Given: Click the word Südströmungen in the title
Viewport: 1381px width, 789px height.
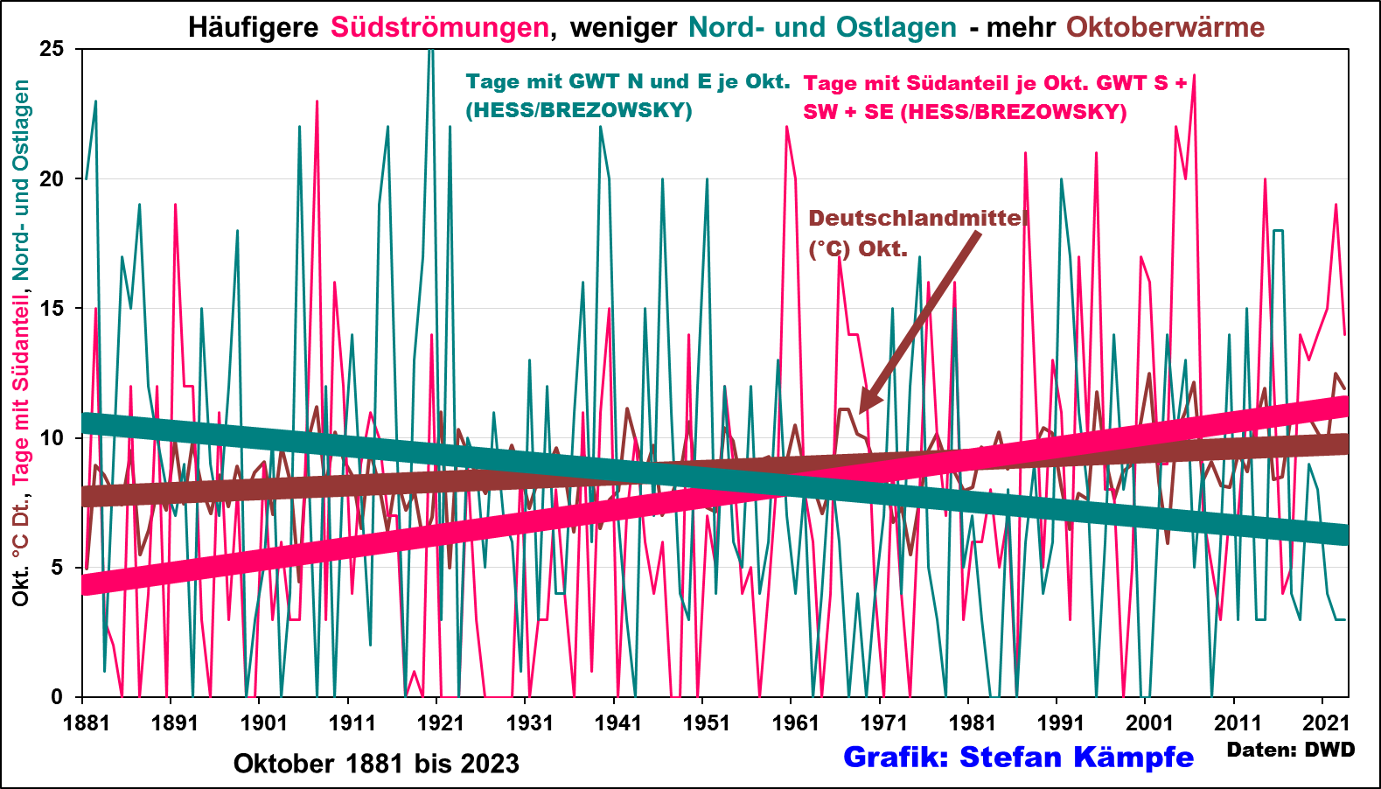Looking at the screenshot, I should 439,27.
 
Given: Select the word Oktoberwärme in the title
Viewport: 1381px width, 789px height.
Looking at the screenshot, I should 1165,27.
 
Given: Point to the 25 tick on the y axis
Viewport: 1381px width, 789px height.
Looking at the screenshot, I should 52,49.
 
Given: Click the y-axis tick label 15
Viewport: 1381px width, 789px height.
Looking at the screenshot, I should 52,309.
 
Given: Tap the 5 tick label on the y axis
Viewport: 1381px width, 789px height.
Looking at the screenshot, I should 58,568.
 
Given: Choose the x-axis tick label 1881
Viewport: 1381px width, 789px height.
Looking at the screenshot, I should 86,723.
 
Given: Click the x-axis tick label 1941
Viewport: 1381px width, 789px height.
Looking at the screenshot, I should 617,723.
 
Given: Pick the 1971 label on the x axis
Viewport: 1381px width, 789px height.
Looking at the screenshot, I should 883,723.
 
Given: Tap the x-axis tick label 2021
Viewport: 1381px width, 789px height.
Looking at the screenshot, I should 1327,723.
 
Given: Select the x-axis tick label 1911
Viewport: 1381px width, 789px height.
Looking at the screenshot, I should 352,723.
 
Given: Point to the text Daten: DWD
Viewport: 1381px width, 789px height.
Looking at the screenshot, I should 1290,750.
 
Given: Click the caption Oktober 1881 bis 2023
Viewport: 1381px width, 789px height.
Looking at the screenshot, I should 376,764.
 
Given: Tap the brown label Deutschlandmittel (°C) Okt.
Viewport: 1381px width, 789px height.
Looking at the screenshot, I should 916,234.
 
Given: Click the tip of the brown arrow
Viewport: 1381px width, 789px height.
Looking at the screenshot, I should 861,412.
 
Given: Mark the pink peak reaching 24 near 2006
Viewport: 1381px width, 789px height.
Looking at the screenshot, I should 1194,76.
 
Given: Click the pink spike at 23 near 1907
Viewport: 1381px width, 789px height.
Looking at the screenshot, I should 317,101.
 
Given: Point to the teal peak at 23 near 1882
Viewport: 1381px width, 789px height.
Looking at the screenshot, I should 95,101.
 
